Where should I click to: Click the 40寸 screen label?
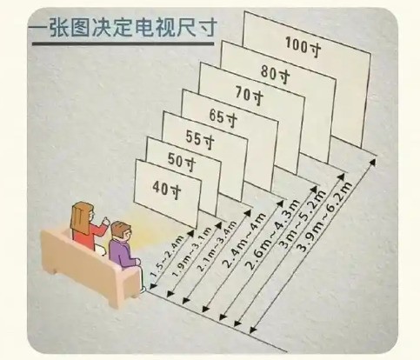click(167, 189)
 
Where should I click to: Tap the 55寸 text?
click(200, 139)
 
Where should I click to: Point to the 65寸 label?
click(223, 117)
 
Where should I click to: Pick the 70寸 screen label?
click(250, 95)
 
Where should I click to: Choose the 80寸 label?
click(276, 73)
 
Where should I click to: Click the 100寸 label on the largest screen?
click(303, 46)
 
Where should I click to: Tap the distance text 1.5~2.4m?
click(167, 256)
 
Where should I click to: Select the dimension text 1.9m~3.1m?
click(192, 250)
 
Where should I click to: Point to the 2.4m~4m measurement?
click(244, 240)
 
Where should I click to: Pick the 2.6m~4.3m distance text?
click(271, 235)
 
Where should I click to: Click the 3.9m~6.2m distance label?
click(324, 217)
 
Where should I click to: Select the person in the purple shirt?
click(123, 246)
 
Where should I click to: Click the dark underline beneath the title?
click(123, 44)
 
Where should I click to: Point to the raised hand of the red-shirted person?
click(105, 221)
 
